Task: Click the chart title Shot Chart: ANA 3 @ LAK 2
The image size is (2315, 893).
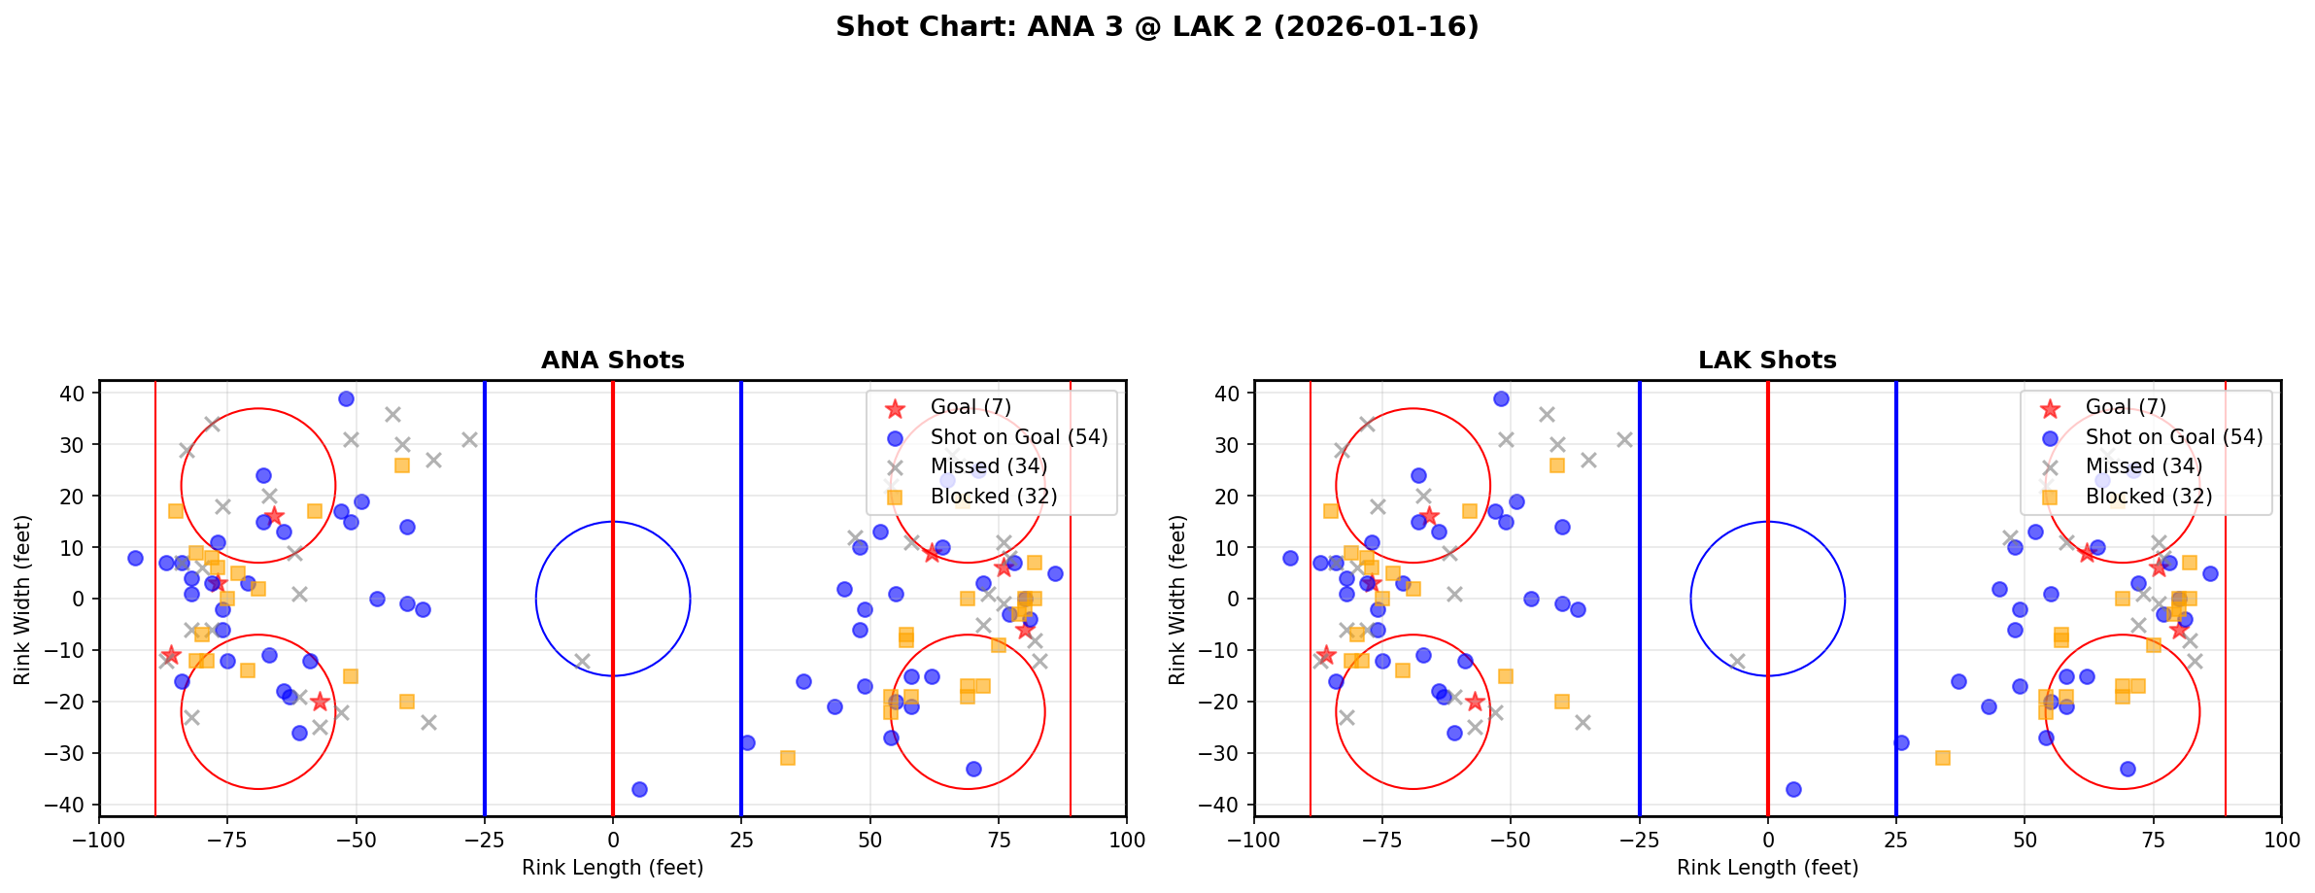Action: pos(1156,27)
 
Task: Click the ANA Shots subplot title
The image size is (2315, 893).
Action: pos(612,361)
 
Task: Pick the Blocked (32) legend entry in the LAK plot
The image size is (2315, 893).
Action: pos(2148,497)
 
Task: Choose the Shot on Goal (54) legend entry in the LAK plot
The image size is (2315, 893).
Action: pos(2173,437)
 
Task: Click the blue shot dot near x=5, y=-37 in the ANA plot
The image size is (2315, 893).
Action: pos(639,789)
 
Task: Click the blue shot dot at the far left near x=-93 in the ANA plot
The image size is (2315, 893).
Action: pos(135,559)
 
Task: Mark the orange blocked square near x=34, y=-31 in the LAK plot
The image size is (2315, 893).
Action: pos(1942,758)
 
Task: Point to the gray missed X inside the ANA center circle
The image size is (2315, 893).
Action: pos(582,661)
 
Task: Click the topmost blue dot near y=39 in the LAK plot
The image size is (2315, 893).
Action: pos(1501,398)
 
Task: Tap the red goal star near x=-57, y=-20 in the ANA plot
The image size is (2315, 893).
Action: pos(320,702)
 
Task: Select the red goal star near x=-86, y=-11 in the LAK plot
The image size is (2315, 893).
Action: pos(1326,655)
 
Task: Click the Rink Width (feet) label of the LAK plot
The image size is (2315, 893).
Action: pos(1177,600)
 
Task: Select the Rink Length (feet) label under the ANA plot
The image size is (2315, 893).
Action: pos(612,868)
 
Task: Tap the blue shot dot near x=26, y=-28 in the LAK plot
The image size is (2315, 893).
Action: pos(1901,742)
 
